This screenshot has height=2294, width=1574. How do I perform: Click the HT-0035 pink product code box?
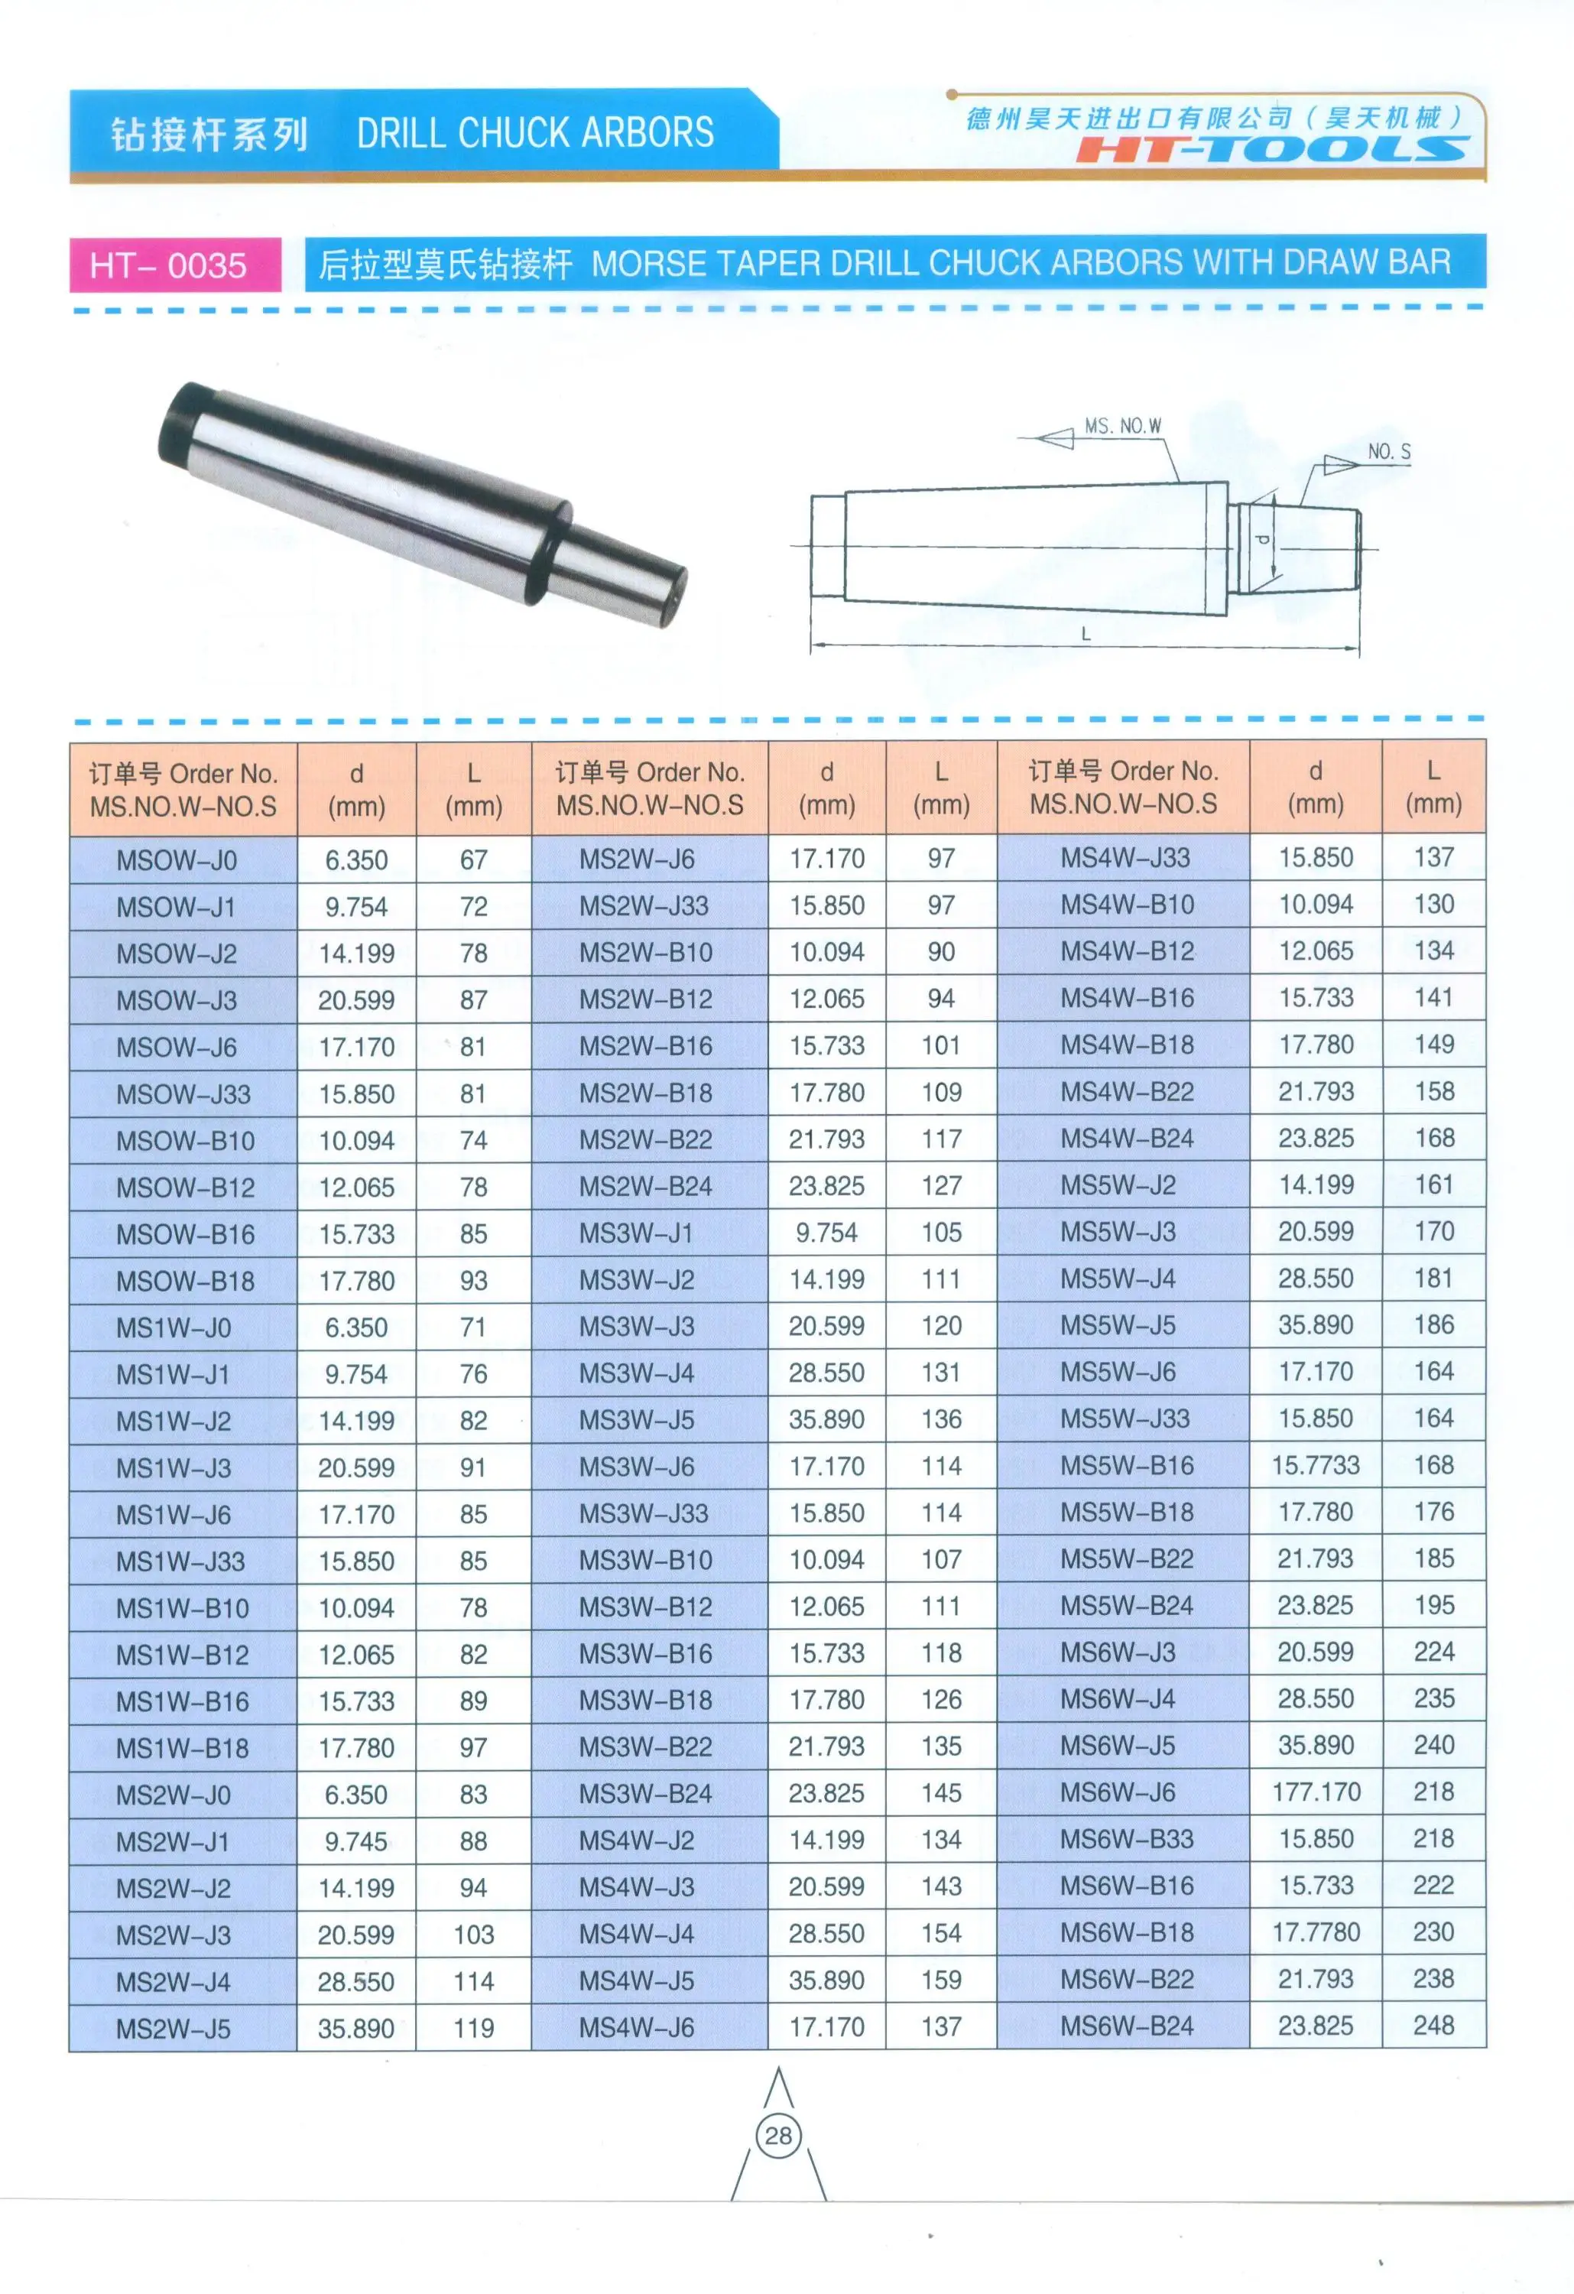(174, 265)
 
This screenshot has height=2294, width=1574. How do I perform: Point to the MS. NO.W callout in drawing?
(1122, 427)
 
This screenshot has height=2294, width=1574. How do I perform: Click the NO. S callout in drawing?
(1387, 452)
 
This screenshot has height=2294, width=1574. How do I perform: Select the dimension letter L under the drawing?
(1085, 634)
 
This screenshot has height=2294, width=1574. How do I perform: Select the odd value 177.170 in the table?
(1316, 1792)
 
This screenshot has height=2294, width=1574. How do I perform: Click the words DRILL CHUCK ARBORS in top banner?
(535, 132)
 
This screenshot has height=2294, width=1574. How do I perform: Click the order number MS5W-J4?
(1118, 1279)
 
